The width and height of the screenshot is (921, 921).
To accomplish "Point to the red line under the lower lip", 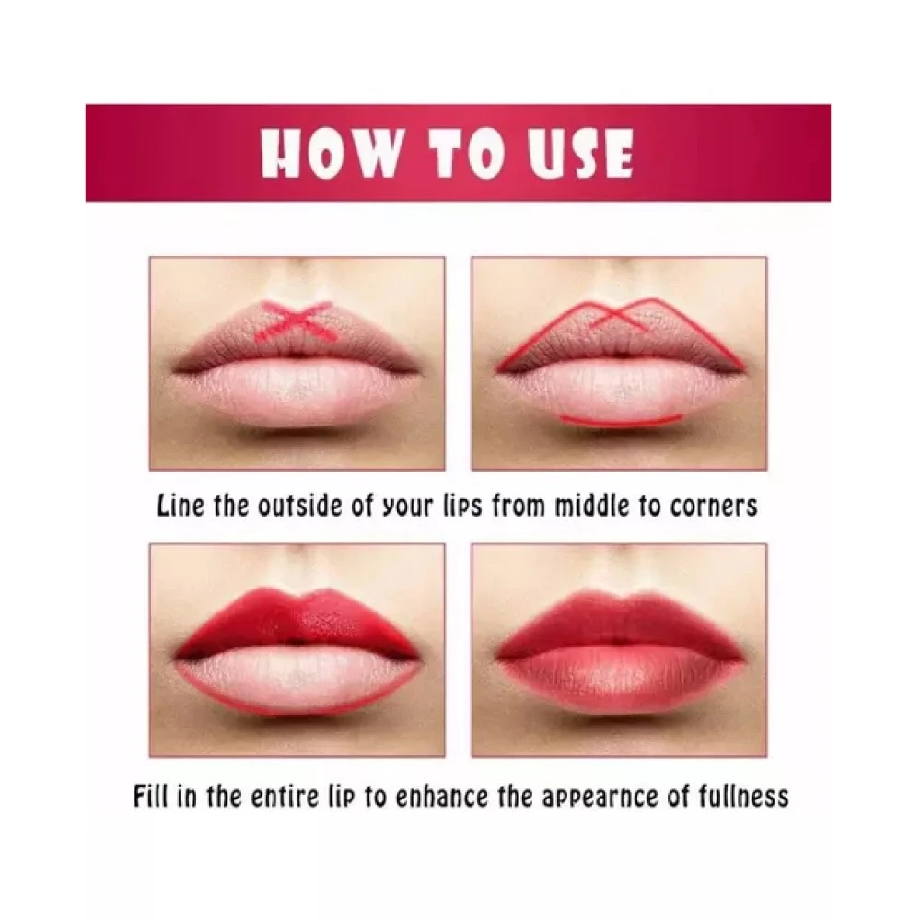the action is (x=622, y=419).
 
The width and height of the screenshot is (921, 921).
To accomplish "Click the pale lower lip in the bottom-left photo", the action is (x=297, y=682).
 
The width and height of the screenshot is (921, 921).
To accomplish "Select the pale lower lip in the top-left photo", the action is (x=297, y=392).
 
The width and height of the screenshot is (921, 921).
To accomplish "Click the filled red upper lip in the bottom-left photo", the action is (x=297, y=624).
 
